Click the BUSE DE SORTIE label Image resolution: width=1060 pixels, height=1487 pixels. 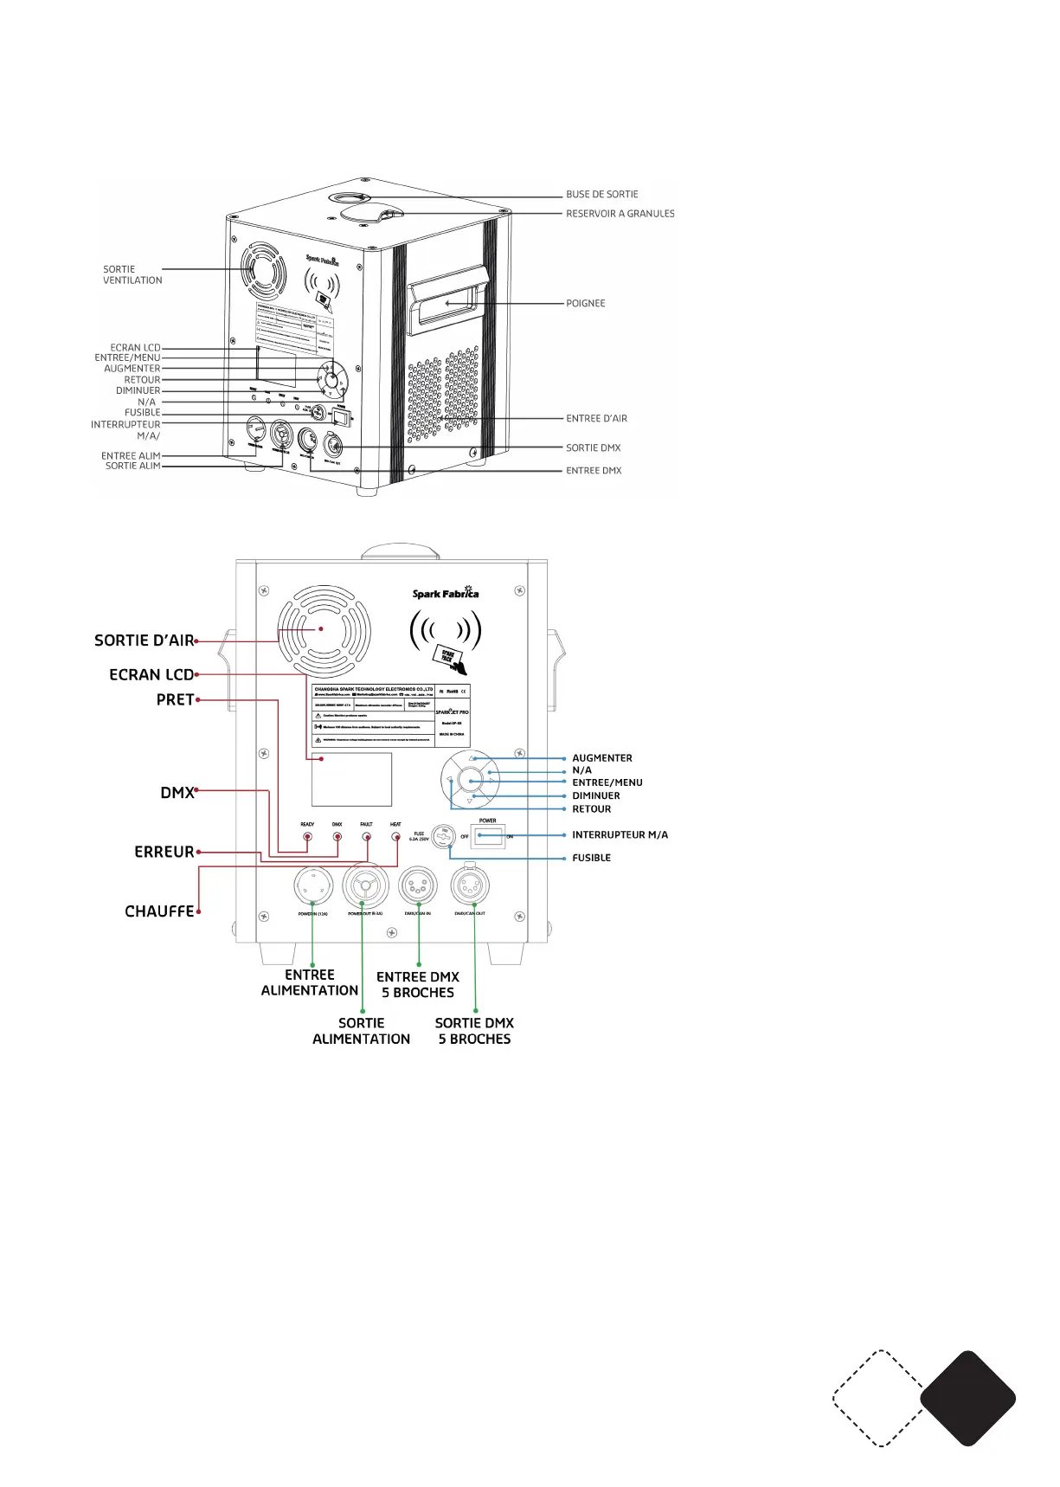(602, 195)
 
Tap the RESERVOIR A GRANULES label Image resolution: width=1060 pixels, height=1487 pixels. (620, 214)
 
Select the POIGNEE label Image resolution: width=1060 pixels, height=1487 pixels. (586, 304)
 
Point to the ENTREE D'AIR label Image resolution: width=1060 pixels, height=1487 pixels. (596, 419)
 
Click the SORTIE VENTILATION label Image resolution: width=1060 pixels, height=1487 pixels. (132, 274)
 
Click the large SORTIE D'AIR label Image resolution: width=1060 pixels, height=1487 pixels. (144, 641)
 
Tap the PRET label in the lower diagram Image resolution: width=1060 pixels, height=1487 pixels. (175, 699)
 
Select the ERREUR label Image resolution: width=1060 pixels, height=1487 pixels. (164, 852)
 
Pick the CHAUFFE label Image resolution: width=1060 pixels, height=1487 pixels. (159, 911)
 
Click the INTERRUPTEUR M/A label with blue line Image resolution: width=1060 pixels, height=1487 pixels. (620, 835)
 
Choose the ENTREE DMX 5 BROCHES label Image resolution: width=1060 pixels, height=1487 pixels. (418, 984)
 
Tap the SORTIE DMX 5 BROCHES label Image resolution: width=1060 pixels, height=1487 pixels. (474, 1031)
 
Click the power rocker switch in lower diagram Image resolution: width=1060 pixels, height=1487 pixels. (488, 835)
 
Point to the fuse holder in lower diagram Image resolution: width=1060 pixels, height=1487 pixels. (443, 836)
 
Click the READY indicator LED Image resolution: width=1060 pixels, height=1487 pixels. (307, 836)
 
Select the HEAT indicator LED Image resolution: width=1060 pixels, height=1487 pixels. (395, 836)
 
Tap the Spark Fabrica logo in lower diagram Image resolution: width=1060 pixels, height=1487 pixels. (446, 593)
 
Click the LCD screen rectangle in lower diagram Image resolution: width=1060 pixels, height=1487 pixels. (351, 779)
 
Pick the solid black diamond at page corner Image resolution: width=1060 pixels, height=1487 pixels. (967, 1398)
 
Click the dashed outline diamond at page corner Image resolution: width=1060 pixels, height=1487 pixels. (879, 1398)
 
